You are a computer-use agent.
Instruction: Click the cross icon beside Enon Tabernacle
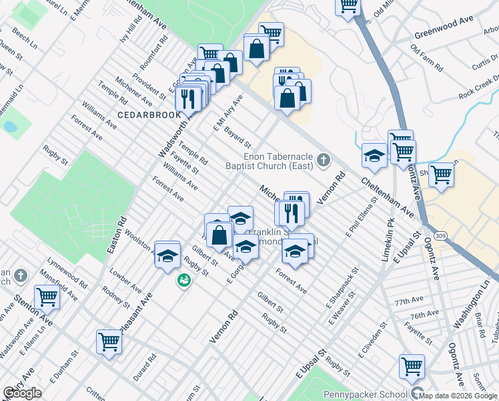point(324,159)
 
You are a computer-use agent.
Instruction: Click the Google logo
point(22,393)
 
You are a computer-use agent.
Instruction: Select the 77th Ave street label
point(409,302)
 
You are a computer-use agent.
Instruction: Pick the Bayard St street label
point(237,136)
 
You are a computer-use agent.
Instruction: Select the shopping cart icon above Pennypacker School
point(412,366)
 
